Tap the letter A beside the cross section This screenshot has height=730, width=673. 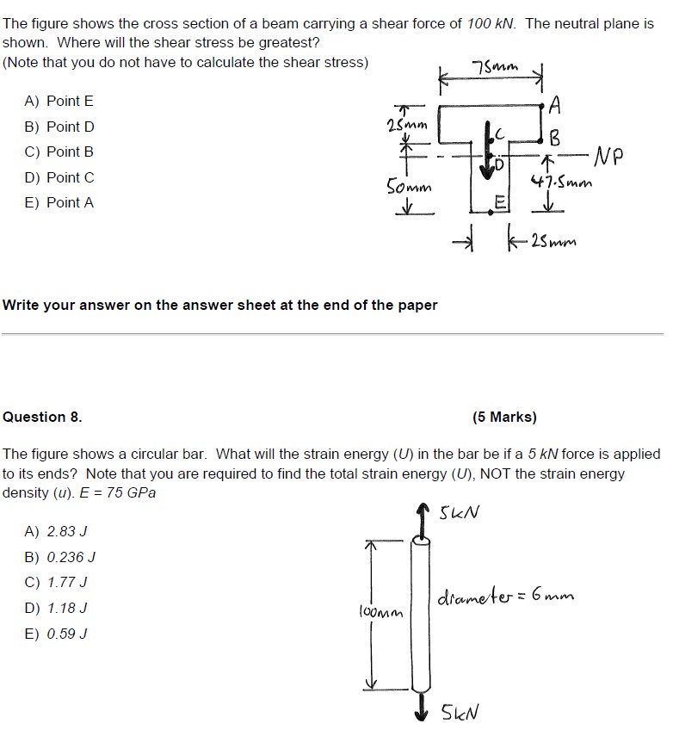click(555, 106)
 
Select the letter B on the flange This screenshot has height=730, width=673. click(555, 137)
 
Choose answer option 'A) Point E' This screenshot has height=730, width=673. click(59, 101)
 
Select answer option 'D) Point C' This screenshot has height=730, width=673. click(59, 177)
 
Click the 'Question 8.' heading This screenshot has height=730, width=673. click(43, 417)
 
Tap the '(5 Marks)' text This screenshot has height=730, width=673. click(504, 417)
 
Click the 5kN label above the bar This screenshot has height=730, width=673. click(460, 514)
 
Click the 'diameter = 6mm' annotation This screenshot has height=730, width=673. click(506, 596)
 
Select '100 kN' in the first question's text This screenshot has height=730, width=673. click(491, 24)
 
